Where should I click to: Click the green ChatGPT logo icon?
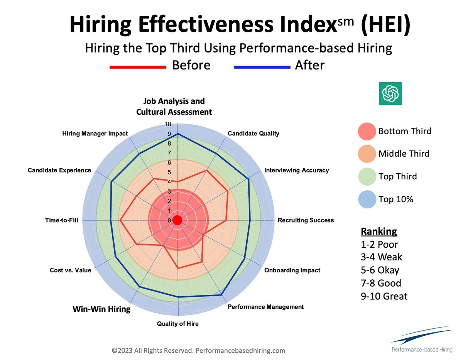[390, 93]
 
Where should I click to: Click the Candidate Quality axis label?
[253, 134]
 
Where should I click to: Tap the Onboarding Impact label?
[292, 270]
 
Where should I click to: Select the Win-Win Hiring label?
[101, 309]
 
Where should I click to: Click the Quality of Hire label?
[177, 324]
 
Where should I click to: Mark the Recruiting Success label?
[306, 220]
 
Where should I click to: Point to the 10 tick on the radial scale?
[168, 124]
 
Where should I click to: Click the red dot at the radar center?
[177, 220]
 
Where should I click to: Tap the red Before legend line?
[138, 67]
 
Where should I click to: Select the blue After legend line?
[262, 67]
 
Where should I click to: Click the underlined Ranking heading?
[379, 232]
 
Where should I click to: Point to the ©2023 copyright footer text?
[198, 351]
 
